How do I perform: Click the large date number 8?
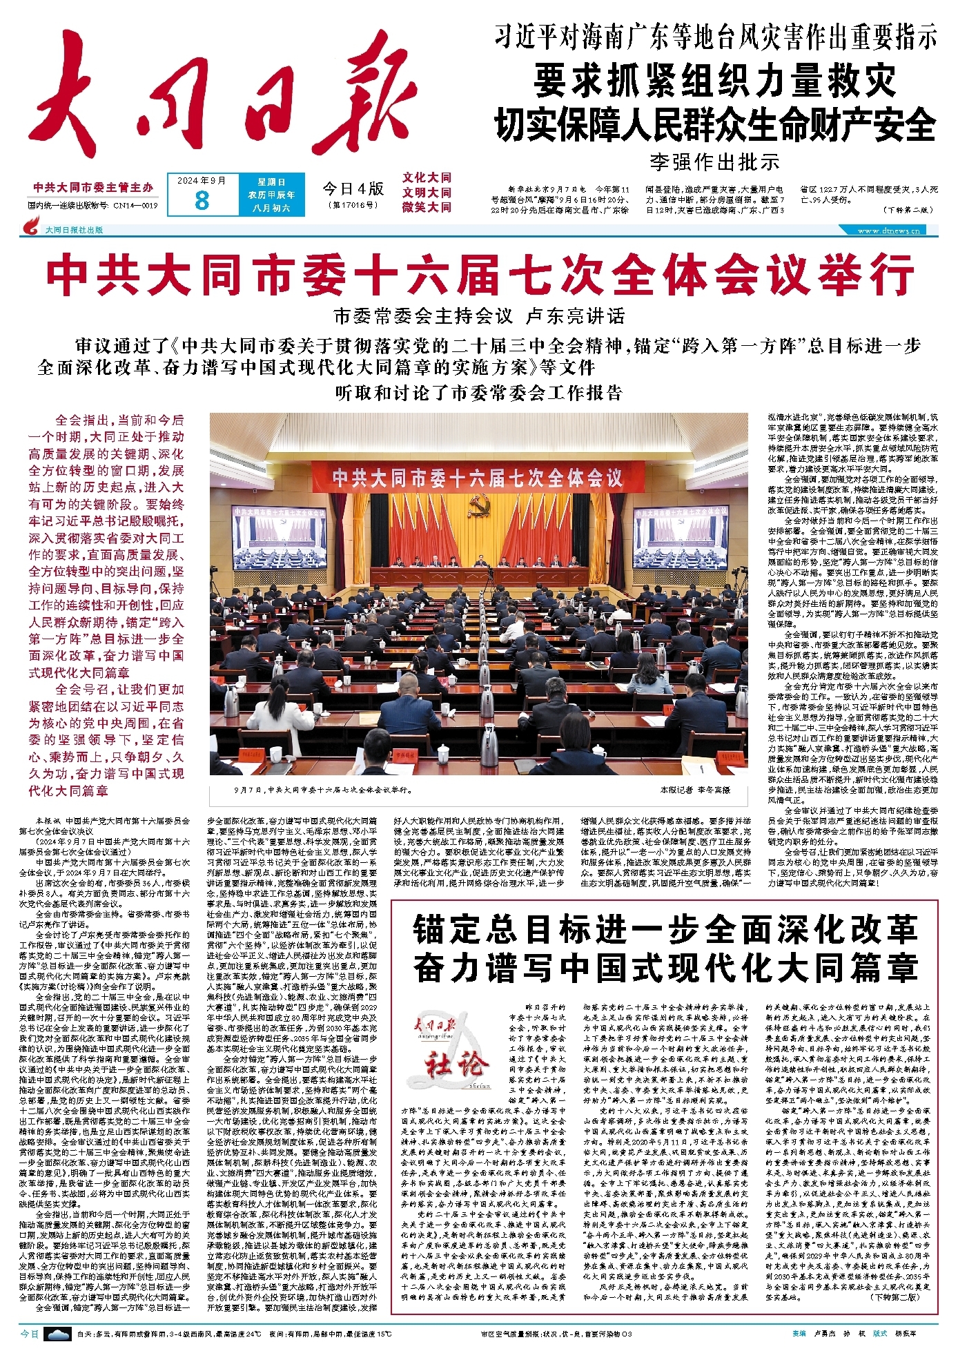pyautogui.click(x=202, y=200)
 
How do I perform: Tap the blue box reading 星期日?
pyautogui.click(x=271, y=182)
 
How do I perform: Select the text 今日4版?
pyautogui.click(x=353, y=188)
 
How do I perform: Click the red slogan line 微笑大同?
pyautogui.click(x=427, y=207)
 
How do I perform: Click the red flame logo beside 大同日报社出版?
pyautogui.click(x=31, y=226)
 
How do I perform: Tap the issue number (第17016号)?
pyautogui.click(x=353, y=205)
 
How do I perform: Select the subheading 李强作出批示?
pyautogui.click(x=714, y=162)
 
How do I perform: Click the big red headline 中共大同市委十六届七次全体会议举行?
pyautogui.click(x=480, y=275)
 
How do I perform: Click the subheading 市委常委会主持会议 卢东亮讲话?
pyautogui.click(x=479, y=316)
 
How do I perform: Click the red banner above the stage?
pyautogui.click(x=478, y=477)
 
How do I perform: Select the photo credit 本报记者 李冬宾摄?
pyautogui.click(x=694, y=789)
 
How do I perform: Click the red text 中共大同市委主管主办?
pyautogui.click(x=93, y=188)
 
